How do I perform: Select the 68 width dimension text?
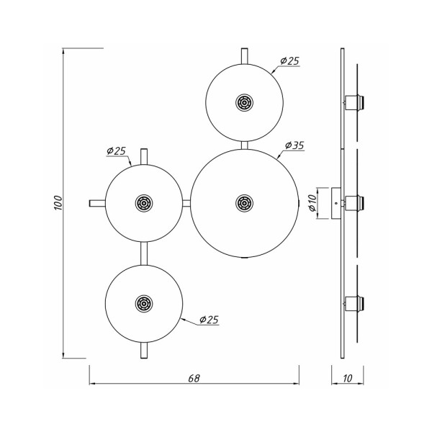click(x=194, y=377)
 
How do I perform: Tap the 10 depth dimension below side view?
click(x=348, y=377)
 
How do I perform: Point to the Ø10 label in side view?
click(x=312, y=204)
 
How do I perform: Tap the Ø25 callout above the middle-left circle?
click(x=117, y=150)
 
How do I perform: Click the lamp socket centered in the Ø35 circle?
click(x=243, y=203)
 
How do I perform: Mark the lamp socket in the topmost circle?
click(x=243, y=103)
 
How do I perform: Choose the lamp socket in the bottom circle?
click(x=144, y=302)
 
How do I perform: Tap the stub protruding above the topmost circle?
click(x=244, y=55)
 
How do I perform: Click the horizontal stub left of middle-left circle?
click(x=96, y=204)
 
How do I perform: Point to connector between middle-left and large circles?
click(x=186, y=204)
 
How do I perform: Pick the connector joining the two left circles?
click(x=144, y=253)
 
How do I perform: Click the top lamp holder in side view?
click(x=354, y=101)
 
